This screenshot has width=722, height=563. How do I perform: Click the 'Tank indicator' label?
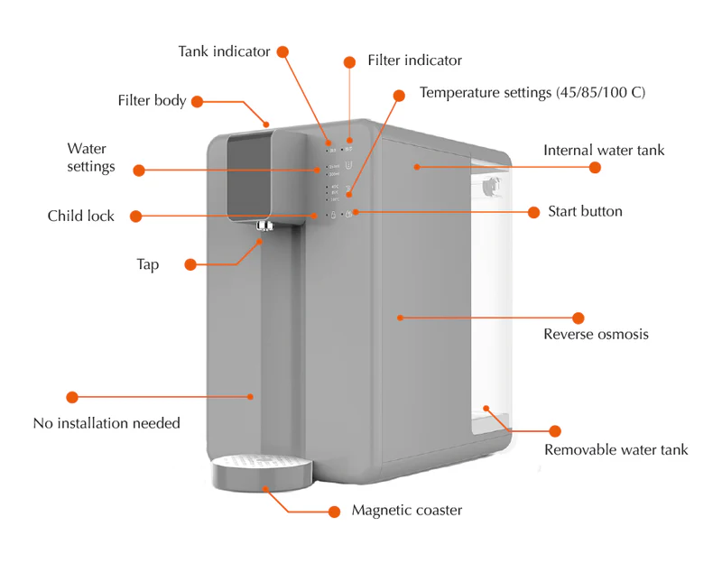coord(224,51)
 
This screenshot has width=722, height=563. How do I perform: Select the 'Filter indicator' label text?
coord(414,60)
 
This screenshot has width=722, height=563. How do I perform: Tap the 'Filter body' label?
coord(152,100)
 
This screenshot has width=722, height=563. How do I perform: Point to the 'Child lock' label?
coord(81,216)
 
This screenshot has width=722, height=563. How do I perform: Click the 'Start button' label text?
coord(585,211)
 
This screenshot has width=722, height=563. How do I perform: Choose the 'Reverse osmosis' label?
coord(596,335)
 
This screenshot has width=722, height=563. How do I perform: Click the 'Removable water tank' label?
coord(616,449)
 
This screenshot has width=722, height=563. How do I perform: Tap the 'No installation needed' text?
coord(106,422)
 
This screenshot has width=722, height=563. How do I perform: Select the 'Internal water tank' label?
coord(603,150)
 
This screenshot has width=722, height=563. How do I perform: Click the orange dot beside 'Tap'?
coord(190,264)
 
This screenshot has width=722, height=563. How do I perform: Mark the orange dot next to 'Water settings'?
coord(138,169)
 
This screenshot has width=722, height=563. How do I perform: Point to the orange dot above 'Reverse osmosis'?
coord(579,318)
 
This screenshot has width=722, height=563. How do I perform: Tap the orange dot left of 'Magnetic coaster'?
coord(334,511)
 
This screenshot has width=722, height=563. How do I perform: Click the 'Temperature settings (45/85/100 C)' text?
coord(532,92)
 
